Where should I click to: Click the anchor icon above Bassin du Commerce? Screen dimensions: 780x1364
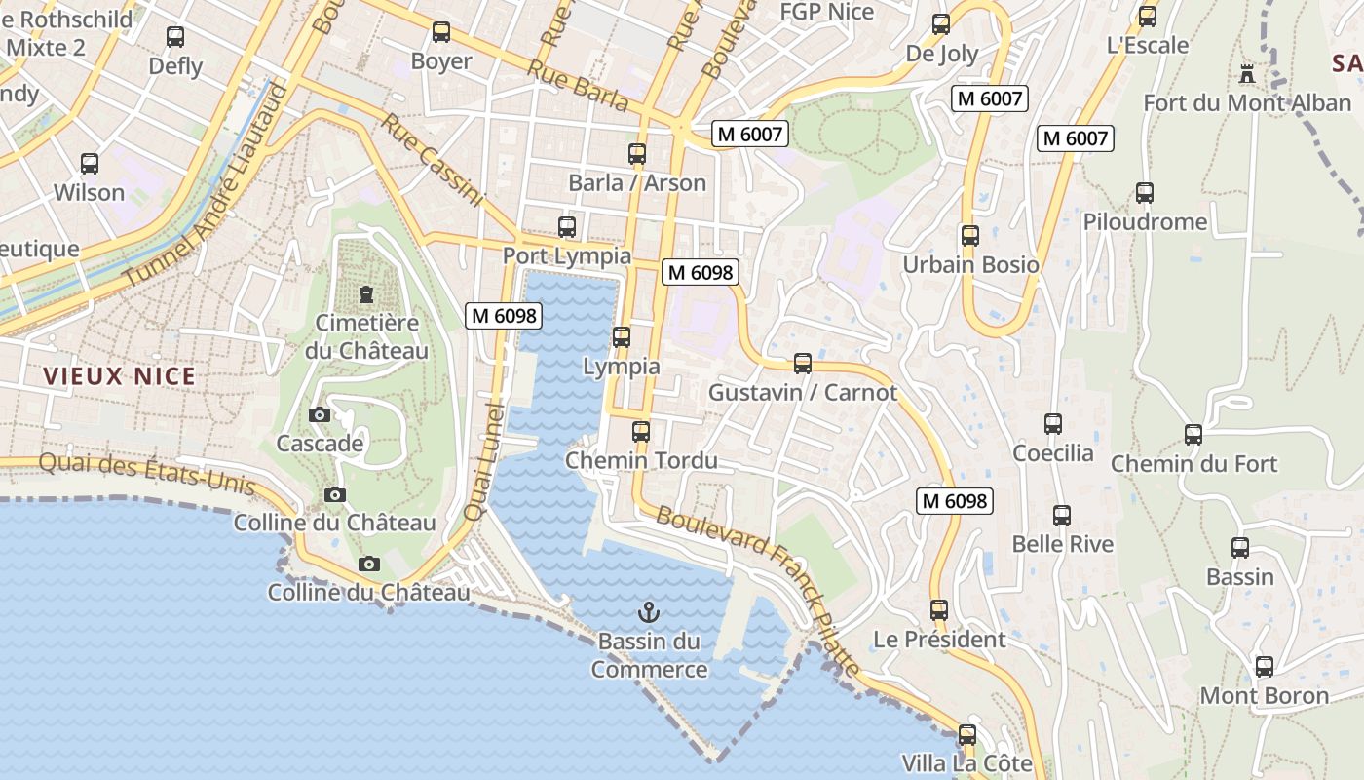pyautogui.click(x=648, y=612)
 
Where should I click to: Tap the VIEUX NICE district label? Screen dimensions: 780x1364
pyautogui.click(x=119, y=376)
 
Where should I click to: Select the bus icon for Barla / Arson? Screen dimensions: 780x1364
pyautogui.click(x=637, y=154)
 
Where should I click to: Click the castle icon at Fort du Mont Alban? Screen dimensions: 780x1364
pyautogui.click(x=1246, y=73)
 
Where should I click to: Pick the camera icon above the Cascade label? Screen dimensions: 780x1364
pyautogui.click(x=319, y=415)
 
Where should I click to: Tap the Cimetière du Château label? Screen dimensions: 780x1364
pyautogui.click(x=366, y=336)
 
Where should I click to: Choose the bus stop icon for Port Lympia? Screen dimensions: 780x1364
pyautogui.click(x=567, y=227)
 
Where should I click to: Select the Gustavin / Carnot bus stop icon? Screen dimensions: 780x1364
pyautogui.click(x=803, y=364)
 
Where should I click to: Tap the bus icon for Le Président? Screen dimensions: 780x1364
pyautogui.click(x=939, y=610)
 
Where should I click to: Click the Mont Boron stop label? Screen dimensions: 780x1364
pyautogui.click(x=1264, y=696)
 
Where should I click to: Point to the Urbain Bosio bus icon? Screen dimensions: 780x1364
pyautogui.click(x=970, y=236)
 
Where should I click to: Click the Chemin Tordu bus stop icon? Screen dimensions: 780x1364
pyautogui.click(x=641, y=431)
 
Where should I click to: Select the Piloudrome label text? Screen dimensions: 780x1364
pyautogui.click(x=1145, y=222)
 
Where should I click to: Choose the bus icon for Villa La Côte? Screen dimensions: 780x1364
pyautogui.click(x=967, y=735)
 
